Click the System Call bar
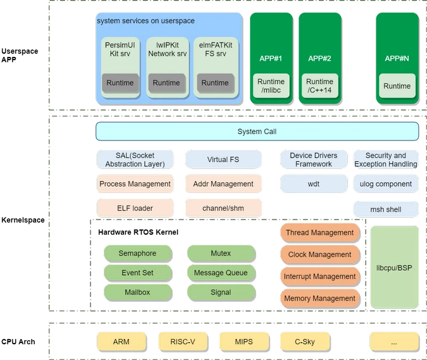[x=257, y=132]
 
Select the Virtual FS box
[x=223, y=159]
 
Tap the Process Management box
[x=135, y=184]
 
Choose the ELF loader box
[x=135, y=208]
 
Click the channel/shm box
[x=223, y=208]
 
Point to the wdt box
[x=314, y=184]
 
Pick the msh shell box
[x=386, y=209]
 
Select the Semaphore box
[x=137, y=253]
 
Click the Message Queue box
[x=221, y=273]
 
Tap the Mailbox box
[x=137, y=292]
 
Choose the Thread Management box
[x=319, y=232]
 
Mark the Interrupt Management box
[x=319, y=276]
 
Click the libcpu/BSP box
[x=394, y=268]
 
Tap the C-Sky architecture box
[x=304, y=342]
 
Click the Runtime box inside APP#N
[x=397, y=86]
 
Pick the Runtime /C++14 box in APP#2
[x=319, y=86]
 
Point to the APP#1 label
[x=271, y=58]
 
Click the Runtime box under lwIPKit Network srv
[x=166, y=83]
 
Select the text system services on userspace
[x=145, y=21]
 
